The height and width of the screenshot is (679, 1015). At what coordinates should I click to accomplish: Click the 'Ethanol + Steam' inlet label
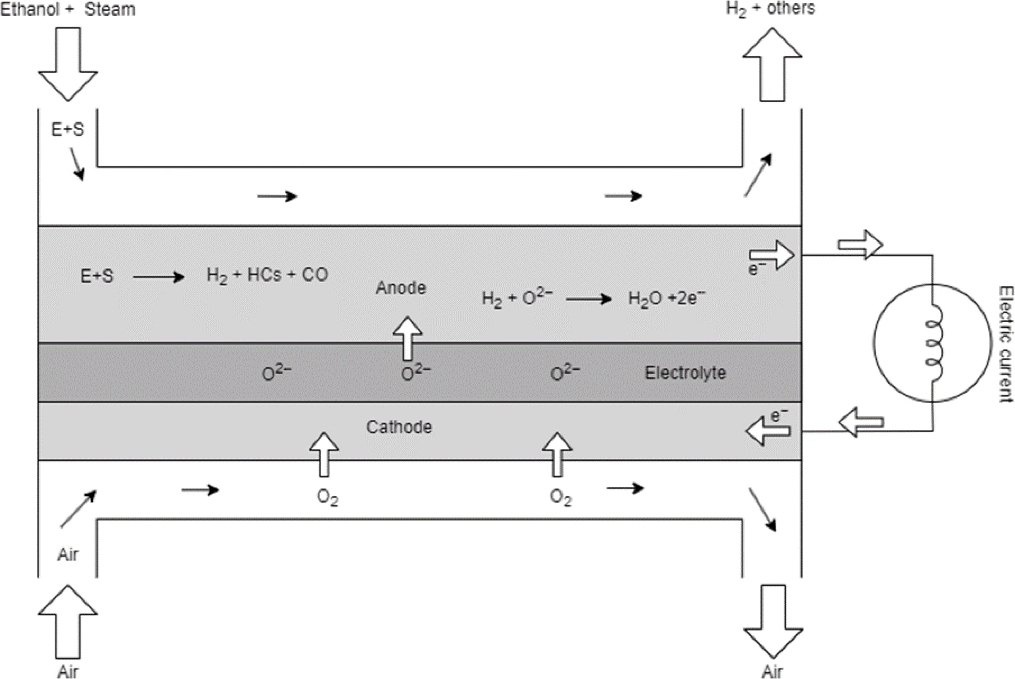click(x=68, y=9)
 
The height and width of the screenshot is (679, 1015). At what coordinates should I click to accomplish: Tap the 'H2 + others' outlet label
click(x=770, y=9)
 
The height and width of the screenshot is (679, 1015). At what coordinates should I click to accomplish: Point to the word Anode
click(x=401, y=287)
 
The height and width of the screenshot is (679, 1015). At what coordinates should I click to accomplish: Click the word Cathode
click(x=399, y=427)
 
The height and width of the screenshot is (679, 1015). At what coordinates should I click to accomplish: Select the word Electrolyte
click(x=685, y=373)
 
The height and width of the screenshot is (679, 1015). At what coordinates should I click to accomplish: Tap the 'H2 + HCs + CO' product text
click(x=267, y=276)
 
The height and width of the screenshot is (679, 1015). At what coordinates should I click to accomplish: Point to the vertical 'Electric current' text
click(x=1005, y=344)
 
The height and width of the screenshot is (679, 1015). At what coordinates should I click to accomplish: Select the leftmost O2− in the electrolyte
click(x=276, y=373)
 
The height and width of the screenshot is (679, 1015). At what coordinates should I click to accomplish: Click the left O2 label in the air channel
click(x=327, y=498)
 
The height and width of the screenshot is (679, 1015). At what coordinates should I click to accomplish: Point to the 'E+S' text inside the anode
click(x=97, y=276)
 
